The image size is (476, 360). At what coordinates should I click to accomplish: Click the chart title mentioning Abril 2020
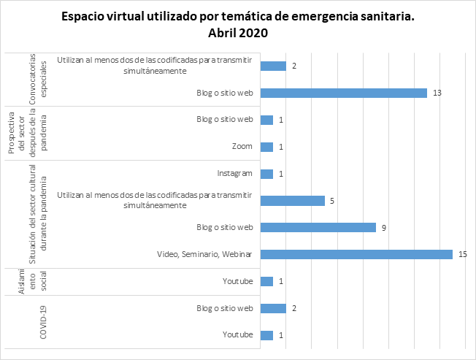[x=237, y=25]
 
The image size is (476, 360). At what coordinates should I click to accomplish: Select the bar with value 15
[x=356, y=254]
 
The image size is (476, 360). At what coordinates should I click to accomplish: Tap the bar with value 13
[x=343, y=93]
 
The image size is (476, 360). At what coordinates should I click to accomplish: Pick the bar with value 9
[x=318, y=227]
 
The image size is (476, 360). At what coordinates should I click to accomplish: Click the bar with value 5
[x=292, y=200]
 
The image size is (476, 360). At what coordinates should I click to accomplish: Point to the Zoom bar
[x=266, y=147]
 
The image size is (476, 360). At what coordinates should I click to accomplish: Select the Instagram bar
[x=266, y=174]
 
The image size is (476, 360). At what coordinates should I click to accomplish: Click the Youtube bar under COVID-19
[x=266, y=335]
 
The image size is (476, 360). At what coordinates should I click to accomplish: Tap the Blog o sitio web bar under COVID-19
[x=273, y=308]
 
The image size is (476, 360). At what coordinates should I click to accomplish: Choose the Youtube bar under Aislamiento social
[x=266, y=281]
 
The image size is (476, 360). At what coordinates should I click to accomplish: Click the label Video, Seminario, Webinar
[x=204, y=254]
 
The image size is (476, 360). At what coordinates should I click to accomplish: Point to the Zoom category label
[x=242, y=147]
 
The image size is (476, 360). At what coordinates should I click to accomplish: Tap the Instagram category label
[x=235, y=174]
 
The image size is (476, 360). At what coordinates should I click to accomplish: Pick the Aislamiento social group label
[x=29, y=281]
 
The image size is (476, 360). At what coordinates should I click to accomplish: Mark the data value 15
[x=462, y=254]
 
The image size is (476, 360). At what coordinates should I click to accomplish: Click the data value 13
[x=437, y=93]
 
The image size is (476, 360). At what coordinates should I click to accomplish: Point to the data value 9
[x=383, y=227]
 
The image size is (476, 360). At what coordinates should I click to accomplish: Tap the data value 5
[x=332, y=200]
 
